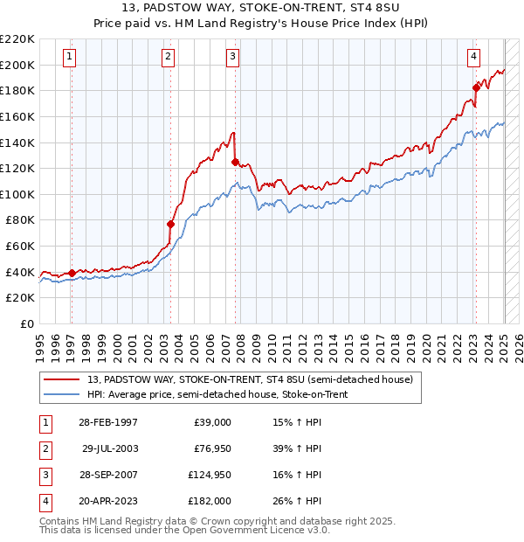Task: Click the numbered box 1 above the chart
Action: click(69, 58)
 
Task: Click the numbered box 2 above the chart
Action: click(168, 58)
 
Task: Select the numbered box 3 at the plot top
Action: click(233, 58)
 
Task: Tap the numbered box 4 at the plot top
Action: click(473, 58)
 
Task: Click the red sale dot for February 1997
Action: click(72, 273)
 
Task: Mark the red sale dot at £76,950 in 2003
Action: click(171, 224)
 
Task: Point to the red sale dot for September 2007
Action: click(235, 162)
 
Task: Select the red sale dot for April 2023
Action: click(476, 87)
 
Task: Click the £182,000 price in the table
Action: click(210, 501)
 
